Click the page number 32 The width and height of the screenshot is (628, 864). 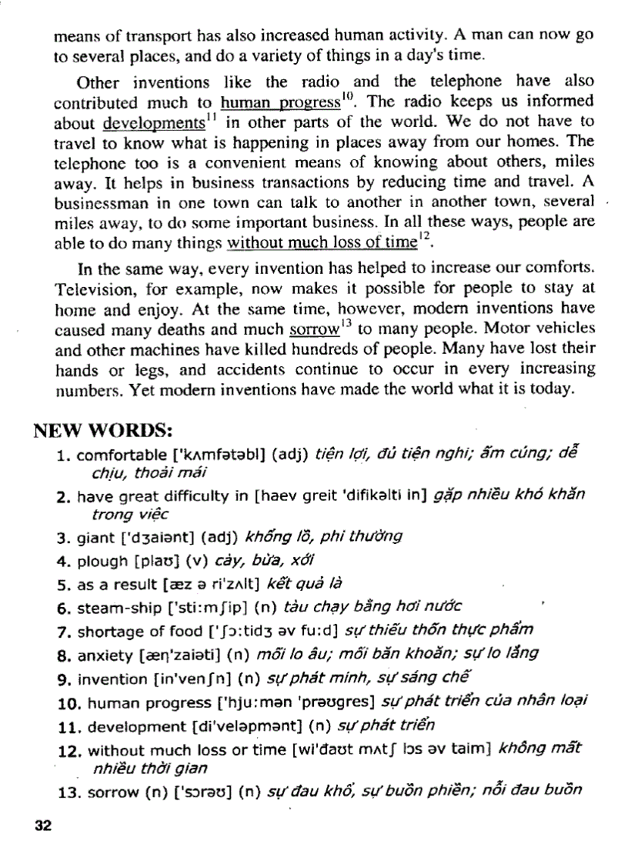pos(43,826)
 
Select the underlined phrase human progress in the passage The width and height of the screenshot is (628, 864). pos(280,102)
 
